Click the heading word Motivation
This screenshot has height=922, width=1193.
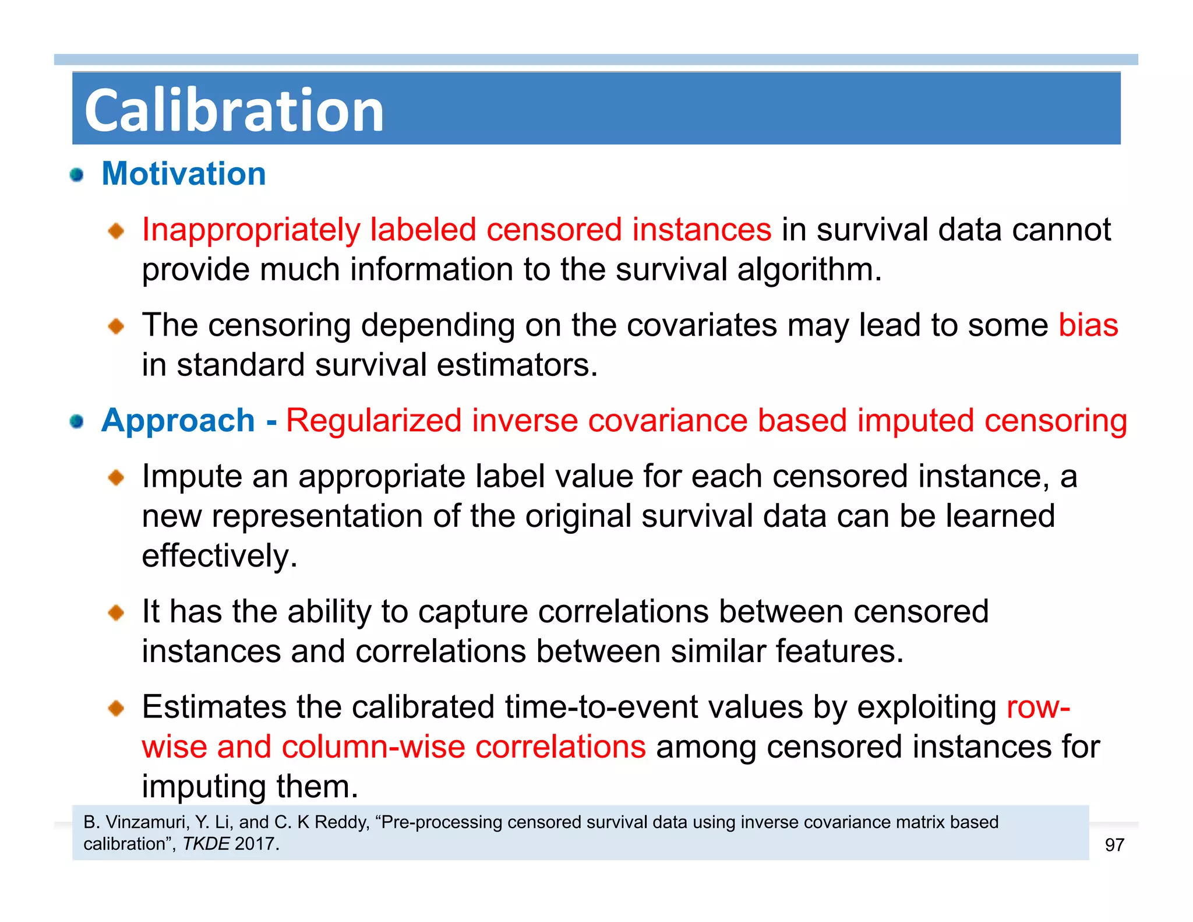[x=183, y=174]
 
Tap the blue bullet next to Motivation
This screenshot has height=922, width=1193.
[x=76, y=174]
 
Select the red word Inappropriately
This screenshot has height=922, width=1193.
[x=250, y=230]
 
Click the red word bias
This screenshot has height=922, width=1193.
[x=1088, y=325]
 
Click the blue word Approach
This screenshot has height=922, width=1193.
[x=178, y=421]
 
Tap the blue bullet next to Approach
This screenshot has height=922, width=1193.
[x=76, y=421]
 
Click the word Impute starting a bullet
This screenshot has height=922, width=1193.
[x=192, y=477]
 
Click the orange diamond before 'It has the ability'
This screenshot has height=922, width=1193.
[x=116, y=613]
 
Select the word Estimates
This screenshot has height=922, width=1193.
[x=213, y=707]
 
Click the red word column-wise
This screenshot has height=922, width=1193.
[x=373, y=747]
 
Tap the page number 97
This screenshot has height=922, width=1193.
[x=1114, y=845]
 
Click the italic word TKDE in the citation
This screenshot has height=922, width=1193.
[x=206, y=844]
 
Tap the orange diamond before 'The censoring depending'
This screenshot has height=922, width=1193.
[x=116, y=326]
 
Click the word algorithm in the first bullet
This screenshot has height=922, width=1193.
[x=808, y=270]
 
